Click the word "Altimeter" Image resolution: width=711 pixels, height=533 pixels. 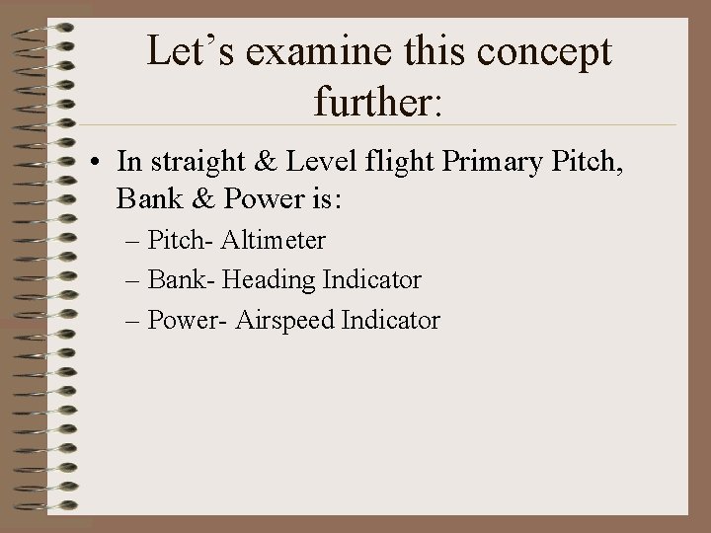[274, 240]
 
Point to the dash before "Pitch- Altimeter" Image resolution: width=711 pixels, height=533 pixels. [134, 241]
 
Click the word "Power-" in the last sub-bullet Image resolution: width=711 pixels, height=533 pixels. [184, 320]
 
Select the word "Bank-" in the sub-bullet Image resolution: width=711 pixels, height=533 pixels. [181, 280]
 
